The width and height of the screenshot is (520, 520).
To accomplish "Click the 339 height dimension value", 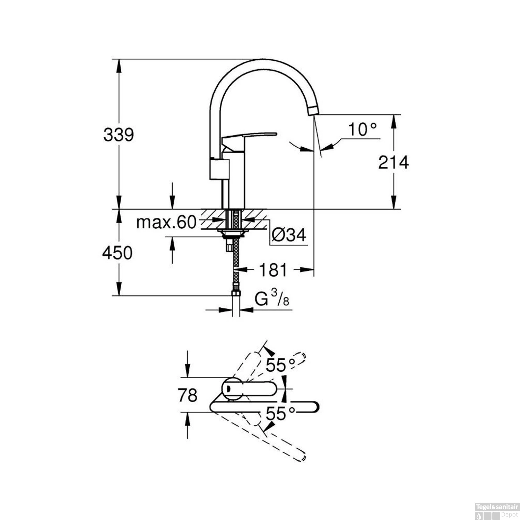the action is point(119,135).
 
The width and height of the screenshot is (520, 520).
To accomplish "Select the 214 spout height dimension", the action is point(393,162).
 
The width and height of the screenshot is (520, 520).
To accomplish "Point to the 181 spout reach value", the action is point(273,270).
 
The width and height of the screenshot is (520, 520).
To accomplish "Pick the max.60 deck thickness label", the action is point(166,222).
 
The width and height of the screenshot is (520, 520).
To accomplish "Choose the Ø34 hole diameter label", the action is point(289,235).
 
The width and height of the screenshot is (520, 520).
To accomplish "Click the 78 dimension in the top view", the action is point(188,395).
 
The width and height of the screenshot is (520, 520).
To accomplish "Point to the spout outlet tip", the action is point(313,111).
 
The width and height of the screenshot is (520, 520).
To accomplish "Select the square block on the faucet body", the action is point(219,169).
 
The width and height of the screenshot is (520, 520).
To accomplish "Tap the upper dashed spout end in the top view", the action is point(300,357).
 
